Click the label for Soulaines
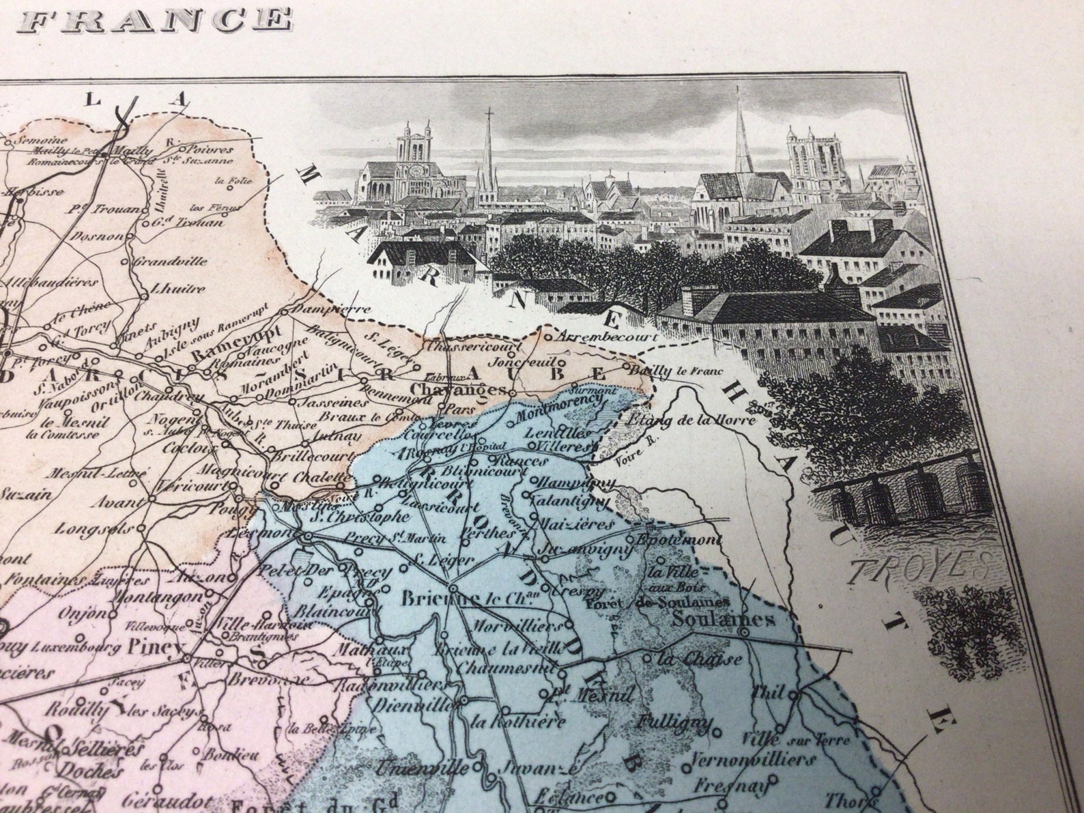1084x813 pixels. point(724,620)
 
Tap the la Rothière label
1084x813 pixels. point(519,721)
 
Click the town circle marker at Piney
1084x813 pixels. point(187,658)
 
